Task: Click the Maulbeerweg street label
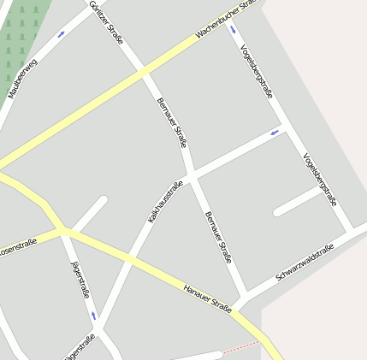(x=23, y=77)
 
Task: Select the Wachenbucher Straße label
(x=226, y=20)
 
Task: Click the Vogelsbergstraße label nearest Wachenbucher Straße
(x=257, y=72)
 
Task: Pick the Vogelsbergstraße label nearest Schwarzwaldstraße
(x=320, y=180)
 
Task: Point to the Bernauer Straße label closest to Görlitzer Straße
(x=171, y=123)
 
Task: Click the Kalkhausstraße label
(x=166, y=202)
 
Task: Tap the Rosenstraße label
(x=17, y=246)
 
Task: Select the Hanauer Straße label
(x=208, y=298)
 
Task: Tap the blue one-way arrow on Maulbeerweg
(x=61, y=35)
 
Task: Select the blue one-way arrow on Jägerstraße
(x=93, y=316)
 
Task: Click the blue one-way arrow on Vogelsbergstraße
(x=234, y=30)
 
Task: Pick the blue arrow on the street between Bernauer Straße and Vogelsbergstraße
(x=275, y=133)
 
